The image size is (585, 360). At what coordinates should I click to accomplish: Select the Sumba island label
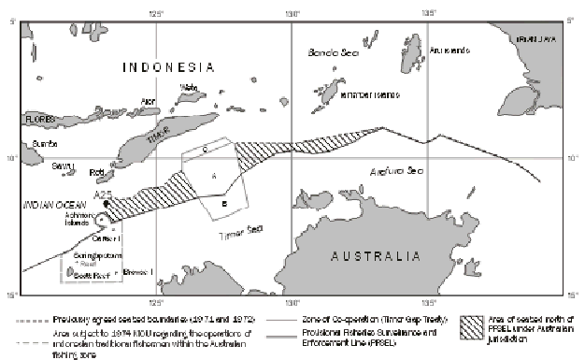coord(44,143)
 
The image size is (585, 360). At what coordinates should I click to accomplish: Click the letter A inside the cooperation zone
coord(213,176)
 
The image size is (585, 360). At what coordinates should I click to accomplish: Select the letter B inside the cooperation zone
coord(223,203)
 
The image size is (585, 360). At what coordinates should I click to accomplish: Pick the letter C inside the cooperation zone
coord(203,150)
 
